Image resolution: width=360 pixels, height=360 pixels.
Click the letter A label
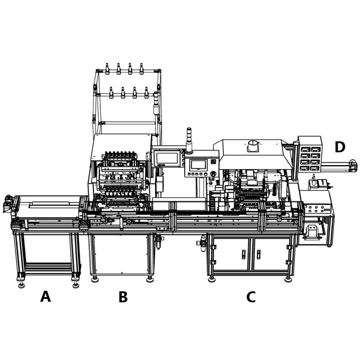click(x=46, y=297)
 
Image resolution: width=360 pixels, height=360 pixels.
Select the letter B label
click(x=123, y=298)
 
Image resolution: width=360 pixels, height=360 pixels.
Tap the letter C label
click(x=251, y=298)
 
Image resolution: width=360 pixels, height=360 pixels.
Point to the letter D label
click(x=340, y=148)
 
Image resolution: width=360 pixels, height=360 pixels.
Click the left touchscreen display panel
click(x=167, y=158)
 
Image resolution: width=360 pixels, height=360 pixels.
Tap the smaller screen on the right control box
click(x=198, y=165)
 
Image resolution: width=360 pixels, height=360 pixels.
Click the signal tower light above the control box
click(x=189, y=140)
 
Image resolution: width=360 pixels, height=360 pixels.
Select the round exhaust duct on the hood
click(x=253, y=145)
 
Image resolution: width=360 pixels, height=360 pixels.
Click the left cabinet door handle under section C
click(x=243, y=254)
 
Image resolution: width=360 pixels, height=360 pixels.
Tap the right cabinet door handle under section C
click(x=258, y=254)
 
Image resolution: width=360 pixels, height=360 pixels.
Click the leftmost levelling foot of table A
click(x=21, y=284)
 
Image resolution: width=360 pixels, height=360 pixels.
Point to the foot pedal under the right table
click(x=312, y=231)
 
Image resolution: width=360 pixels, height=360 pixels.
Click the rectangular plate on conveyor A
click(x=49, y=204)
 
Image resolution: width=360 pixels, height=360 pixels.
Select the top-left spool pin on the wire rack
click(x=107, y=69)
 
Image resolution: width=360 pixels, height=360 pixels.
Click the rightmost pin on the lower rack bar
click(x=146, y=93)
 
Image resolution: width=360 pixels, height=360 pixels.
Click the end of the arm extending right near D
click(x=352, y=166)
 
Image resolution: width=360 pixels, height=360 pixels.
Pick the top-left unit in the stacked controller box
click(x=305, y=149)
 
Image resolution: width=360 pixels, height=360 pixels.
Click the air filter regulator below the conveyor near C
click(x=203, y=242)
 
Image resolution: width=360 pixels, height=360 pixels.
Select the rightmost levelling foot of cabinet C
click(x=288, y=279)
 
